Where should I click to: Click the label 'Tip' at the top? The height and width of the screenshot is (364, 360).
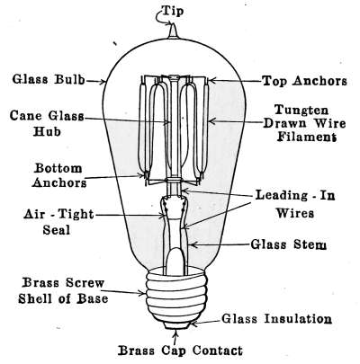coord(173,11)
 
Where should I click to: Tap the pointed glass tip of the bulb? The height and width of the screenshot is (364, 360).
coord(172,31)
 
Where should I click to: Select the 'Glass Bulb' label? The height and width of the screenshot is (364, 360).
coord(48,79)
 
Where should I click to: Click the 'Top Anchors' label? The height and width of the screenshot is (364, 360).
coord(304,81)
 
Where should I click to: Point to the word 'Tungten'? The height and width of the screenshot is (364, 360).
coord(301,111)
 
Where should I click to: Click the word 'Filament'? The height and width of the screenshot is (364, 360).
coord(306,137)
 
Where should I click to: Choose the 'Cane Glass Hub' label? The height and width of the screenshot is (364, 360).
coord(47,123)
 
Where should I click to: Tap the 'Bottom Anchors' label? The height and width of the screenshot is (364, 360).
coord(59,175)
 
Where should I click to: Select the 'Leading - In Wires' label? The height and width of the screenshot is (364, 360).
coord(295,204)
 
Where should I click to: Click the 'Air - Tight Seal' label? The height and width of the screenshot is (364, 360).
coord(58,222)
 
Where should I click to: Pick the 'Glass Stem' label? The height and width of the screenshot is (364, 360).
coord(288,244)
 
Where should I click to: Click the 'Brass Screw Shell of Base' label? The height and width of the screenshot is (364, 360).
coord(63,290)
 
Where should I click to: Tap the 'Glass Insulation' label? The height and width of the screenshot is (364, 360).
coord(276,318)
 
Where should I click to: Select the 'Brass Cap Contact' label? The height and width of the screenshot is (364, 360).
coord(180,350)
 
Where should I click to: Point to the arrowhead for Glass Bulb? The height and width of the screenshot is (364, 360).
coord(102,81)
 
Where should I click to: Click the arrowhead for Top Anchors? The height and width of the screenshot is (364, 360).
coord(211,80)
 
